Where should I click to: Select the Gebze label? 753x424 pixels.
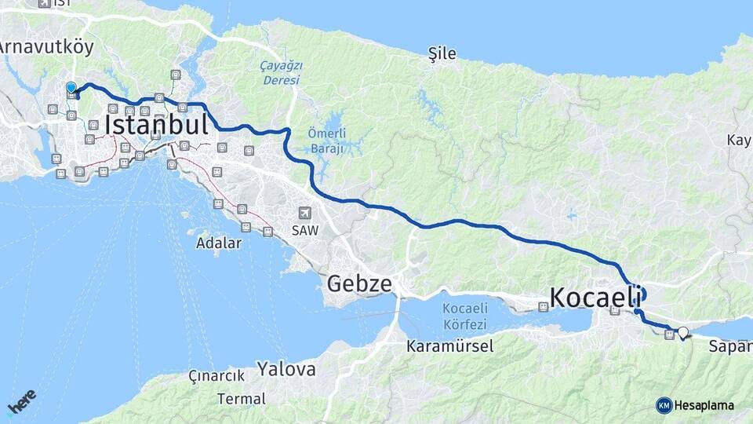[359, 283]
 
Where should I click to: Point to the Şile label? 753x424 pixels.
[442, 53]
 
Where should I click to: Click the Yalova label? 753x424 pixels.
[286, 369]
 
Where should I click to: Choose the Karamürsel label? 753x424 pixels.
[449, 346]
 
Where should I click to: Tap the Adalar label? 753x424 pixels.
[219, 243]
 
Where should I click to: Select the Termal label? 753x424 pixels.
[242, 399]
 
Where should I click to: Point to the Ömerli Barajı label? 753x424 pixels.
[327, 141]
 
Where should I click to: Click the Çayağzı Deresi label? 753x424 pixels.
[281, 73]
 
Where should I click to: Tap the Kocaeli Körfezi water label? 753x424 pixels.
[464, 316]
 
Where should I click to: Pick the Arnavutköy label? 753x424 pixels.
[45, 47]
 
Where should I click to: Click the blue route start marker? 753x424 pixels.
[71, 89]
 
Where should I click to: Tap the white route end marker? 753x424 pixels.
[682, 333]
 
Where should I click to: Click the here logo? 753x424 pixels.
[21, 402]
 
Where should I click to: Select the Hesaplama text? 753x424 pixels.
[704, 406]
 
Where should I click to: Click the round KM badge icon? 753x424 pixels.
[664, 406]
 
